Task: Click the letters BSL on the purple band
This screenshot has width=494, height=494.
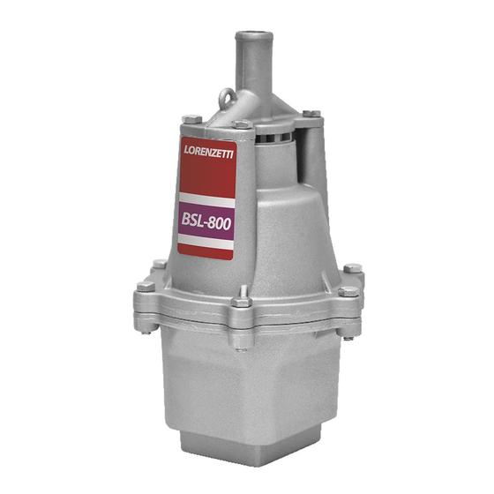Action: click(192, 221)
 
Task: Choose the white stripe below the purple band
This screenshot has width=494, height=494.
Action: click(206, 244)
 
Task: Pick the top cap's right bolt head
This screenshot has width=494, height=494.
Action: click(311, 115)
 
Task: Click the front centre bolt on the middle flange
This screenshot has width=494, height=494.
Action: click(241, 304)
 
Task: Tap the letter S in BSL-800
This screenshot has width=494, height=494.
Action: click(193, 221)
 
